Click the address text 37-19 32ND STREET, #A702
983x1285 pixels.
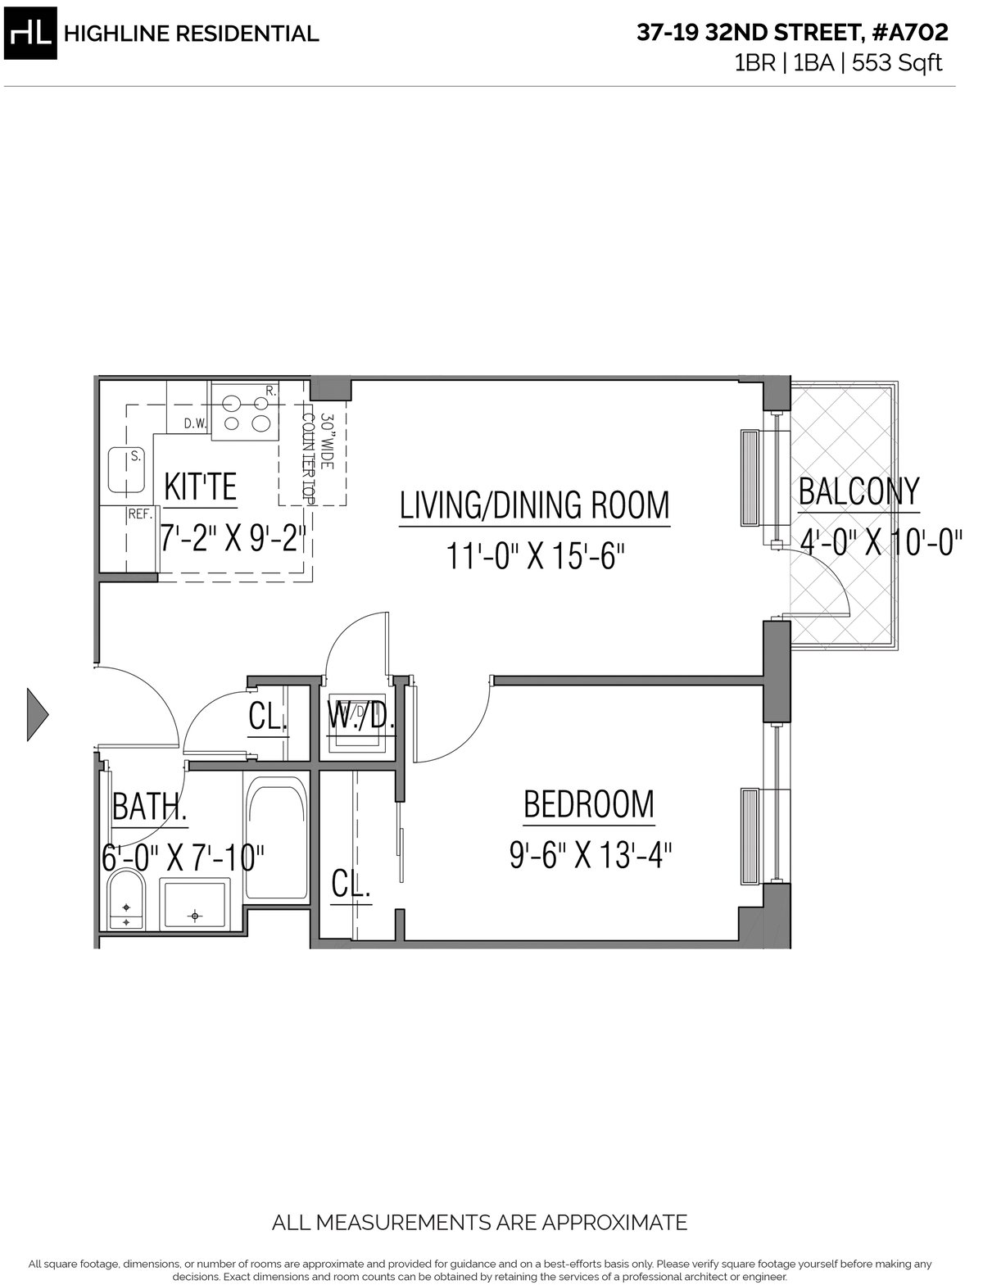tap(792, 33)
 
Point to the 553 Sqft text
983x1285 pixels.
tap(897, 62)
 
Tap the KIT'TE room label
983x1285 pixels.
tap(200, 487)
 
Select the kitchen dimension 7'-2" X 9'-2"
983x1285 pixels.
tap(233, 539)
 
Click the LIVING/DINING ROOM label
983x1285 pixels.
tap(535, 505)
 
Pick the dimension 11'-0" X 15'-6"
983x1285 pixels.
tap(532, 555)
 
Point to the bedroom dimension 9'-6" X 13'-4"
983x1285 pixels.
tap(591, 856)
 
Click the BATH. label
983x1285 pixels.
tap(149, 807)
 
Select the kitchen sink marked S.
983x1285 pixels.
tap(126, 471)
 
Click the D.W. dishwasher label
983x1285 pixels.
tap(196, 424)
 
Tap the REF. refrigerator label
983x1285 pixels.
tap(141, 514)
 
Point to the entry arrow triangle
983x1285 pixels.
tap(38, 714)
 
